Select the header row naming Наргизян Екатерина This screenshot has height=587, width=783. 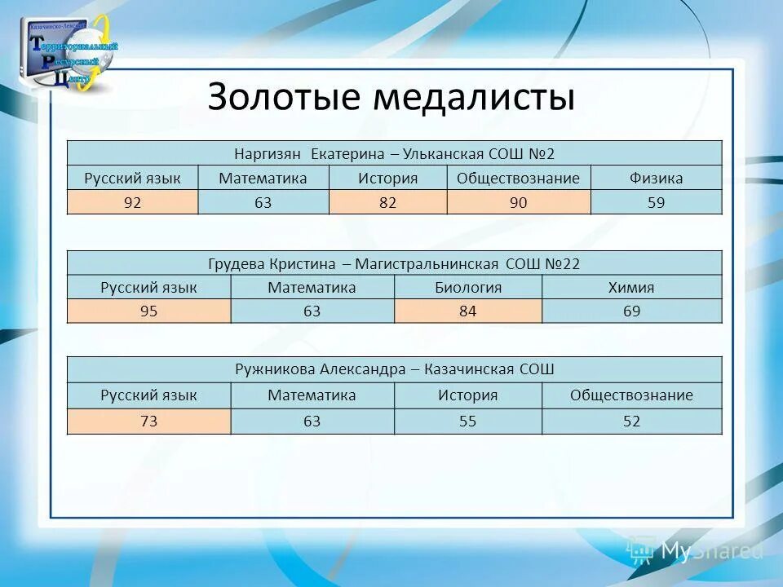coord(394,153)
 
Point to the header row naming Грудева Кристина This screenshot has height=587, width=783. coord(394,263)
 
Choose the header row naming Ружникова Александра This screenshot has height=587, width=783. coord(394,369)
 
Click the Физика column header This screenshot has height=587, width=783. coord(656,178)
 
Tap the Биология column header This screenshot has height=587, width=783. coord(467,288)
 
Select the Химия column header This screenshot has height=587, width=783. coord(631,288)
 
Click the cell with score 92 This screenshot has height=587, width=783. coord(132,202)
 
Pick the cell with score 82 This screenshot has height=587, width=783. coord(387,202)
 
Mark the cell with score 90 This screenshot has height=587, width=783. coord(518,202)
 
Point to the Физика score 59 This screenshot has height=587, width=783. coord(656,202)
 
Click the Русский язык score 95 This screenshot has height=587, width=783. coord(148,311)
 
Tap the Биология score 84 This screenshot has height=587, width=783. coord(467,311)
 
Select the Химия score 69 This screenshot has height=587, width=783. coord(631,311)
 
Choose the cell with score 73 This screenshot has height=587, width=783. coord(148,421)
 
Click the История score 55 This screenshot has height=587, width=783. coord(467,421)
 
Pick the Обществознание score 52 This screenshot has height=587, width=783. coord(631,421)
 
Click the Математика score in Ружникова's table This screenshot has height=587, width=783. coord(312,421)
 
